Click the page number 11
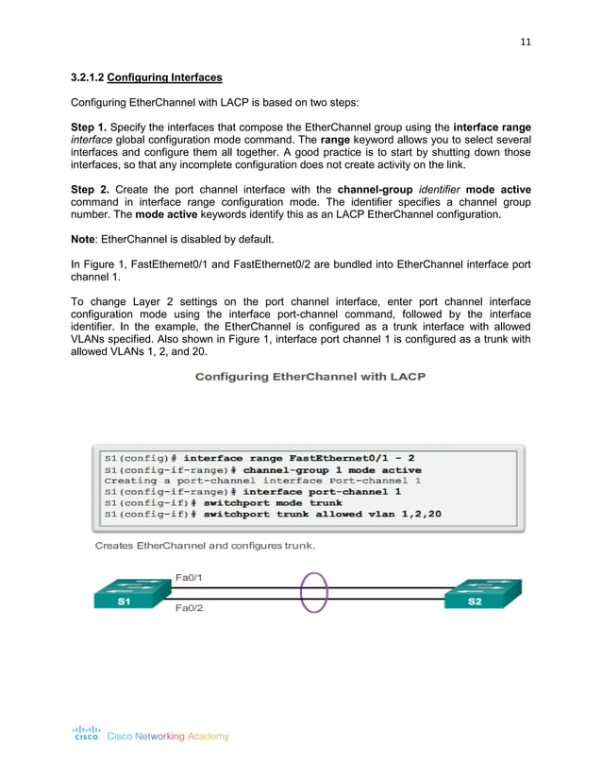[526, 42]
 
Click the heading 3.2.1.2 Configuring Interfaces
[146, 76]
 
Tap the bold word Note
[86, 238]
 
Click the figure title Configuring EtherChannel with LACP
[309, 377]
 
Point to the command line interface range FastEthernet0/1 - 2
[259, 458]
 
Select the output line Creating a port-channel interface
[262, 481]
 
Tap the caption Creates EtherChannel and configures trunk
[205, 546]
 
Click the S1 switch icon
[125, 596]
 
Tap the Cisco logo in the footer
[87, 733]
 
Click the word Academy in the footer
[208, 737]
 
